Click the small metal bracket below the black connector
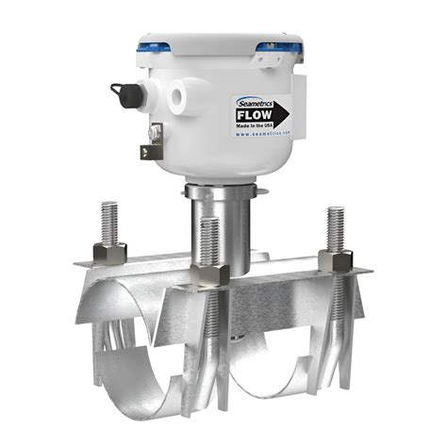click(x=151, y=141)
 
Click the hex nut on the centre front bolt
click(x=208, y=274)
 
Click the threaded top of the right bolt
click(x=335, y=226)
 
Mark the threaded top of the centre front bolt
click(x=209, y=238)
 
